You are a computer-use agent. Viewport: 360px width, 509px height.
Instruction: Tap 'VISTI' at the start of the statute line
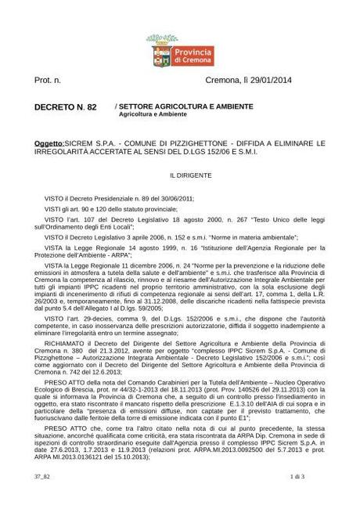point(52,210)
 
